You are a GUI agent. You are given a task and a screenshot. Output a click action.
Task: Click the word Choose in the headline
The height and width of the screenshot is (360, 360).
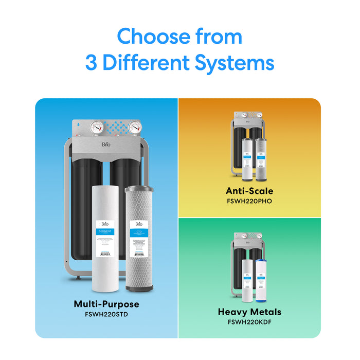tap(152, 37)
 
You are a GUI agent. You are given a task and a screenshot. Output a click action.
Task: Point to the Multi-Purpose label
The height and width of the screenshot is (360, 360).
tap(106, 304)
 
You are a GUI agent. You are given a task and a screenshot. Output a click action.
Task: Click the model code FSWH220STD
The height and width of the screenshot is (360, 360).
tap(106, 314)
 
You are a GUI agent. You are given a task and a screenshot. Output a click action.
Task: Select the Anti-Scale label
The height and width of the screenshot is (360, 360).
tap(249, 191)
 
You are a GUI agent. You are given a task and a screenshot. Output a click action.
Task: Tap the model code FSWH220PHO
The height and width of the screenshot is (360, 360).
tap(249, 201)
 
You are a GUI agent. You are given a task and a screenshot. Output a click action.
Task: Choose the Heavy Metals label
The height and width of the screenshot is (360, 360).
tap(249, 312)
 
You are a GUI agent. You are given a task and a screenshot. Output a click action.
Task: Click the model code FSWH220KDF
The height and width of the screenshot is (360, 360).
tap(249, 322)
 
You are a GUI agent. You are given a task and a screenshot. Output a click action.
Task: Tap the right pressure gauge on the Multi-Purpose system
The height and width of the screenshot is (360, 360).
tap(135, 128)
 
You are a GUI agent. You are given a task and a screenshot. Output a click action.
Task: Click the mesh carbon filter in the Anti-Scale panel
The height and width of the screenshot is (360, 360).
tap(259, 158)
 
